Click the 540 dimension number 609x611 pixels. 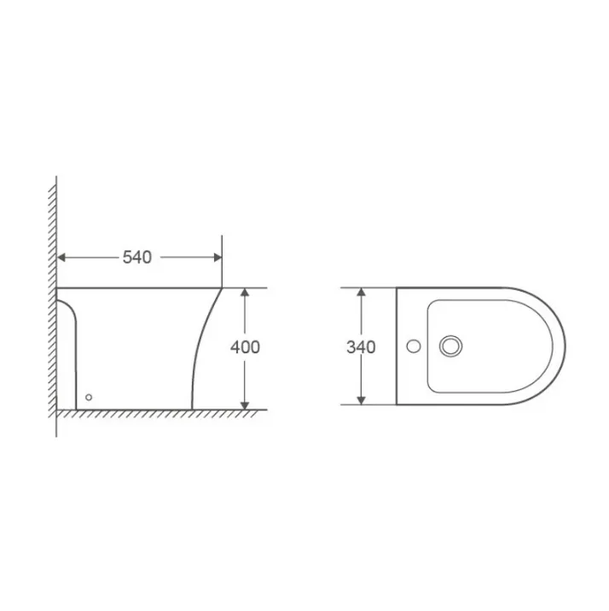coord(137,257)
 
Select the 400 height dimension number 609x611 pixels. coord(245,346)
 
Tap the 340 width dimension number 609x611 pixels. coord(361,346)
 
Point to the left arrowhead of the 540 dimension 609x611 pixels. coord(61,257)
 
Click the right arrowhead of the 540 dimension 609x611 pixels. coord(217,257)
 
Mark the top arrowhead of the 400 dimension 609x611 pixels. coord(245,292)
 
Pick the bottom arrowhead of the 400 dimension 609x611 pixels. coord(245,405)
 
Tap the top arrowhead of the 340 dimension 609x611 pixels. coord(361,292)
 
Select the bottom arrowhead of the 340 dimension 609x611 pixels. coord(361,400)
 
